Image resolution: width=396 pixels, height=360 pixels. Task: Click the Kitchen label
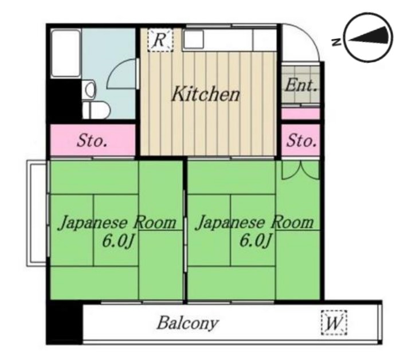point(206,94)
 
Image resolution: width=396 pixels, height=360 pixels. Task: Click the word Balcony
point(187,323)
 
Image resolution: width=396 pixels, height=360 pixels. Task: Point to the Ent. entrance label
point(301,86)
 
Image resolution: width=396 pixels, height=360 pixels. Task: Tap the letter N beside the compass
point(336,40)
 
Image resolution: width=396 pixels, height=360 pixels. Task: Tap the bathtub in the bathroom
point(66,53)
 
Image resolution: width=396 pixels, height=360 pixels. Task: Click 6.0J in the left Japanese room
point(117,241)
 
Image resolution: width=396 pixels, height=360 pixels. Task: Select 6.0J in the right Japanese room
point(254,241)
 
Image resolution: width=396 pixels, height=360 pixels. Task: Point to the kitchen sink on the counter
point(194,40)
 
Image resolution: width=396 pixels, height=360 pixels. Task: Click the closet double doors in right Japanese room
point(300,170)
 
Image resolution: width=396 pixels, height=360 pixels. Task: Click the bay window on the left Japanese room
point(36,212)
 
